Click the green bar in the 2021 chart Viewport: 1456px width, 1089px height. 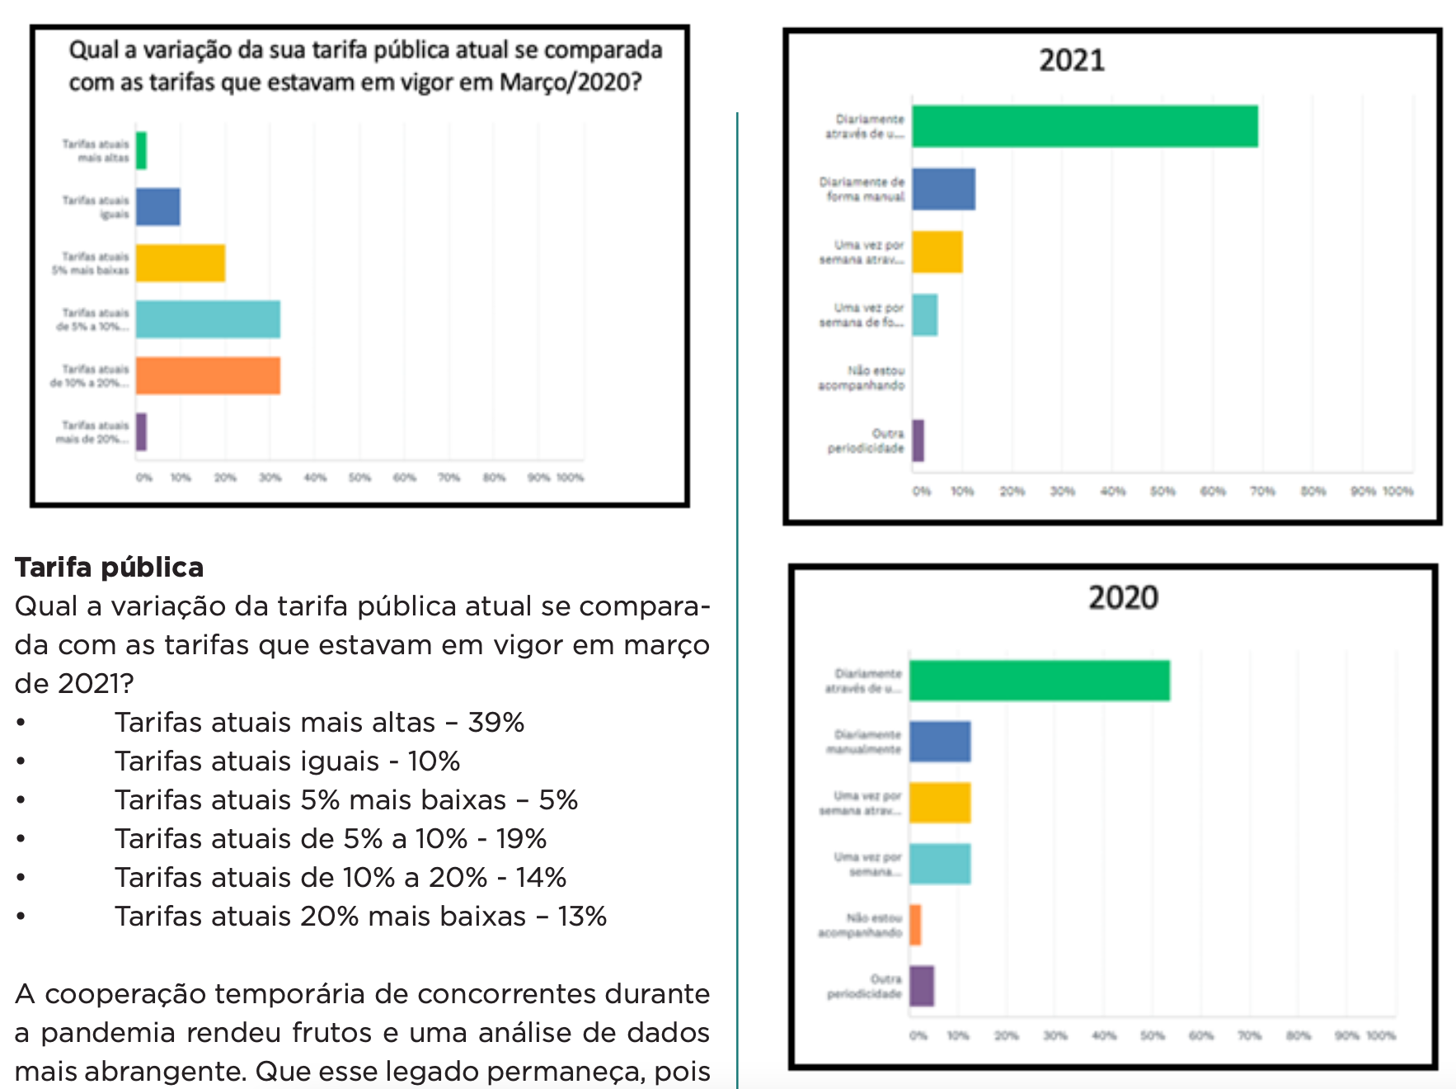[x=1084, y=126]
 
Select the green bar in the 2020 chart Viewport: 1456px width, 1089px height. [x=1039, y=681]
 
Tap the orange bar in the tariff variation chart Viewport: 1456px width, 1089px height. [x=208, y=375]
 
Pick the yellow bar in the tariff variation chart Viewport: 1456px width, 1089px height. [x=181, y=263]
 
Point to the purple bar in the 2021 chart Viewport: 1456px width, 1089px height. [x=918, y=441]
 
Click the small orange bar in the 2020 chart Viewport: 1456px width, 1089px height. [x=915, y=925]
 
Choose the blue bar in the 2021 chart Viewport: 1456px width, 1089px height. [x=943, y=189]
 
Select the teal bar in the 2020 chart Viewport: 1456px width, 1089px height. [x=940, y=864]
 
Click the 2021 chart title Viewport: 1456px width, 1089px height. [x=1071, y=60]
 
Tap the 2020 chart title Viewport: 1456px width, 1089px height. [x=1123, y=597]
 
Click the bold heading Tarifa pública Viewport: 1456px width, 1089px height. [x=109, y=568]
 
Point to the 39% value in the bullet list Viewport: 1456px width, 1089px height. [x=496, y=723]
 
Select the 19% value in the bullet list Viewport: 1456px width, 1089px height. [x=521, y=839]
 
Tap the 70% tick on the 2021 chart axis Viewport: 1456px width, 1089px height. [x=1262, y=492]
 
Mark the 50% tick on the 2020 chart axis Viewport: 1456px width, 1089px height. [x=1152, y=1036]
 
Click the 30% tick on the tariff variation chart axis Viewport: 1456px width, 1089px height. [x=270, y=478]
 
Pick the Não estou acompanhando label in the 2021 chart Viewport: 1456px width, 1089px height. [x=862, y=378]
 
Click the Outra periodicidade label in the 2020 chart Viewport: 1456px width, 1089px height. [x=865, y=987]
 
